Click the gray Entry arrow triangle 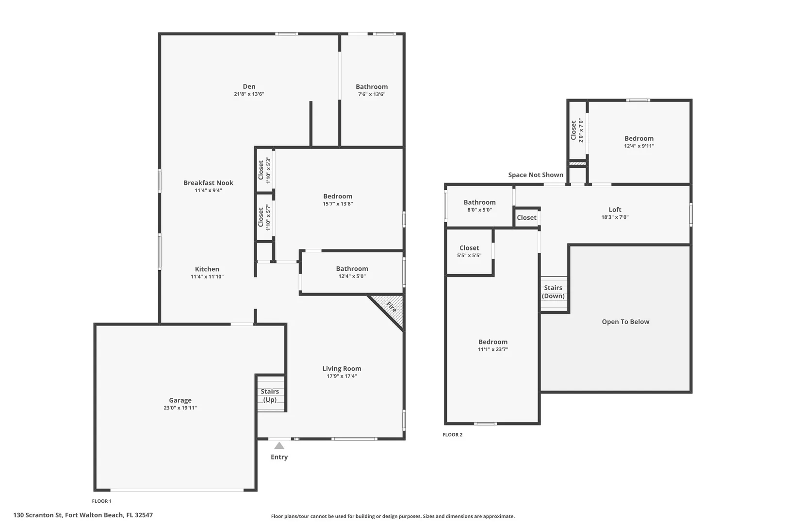click(x=279, y=446)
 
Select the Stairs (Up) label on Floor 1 click(x=270, y=395)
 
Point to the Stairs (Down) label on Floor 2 click(x=554, y=292)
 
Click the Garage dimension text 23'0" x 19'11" click(x=180, y=408)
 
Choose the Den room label click(x=249, y=86)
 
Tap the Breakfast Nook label click(x=209, y=182)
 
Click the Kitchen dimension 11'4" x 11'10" click(x=207, y=277)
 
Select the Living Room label click(x=342, y=369)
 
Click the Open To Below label click(x=625, y=322)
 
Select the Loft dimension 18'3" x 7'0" click(x=615, y=217)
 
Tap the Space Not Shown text click(x=536, y=175)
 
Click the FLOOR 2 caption click(x=453, y=435)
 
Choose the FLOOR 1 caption click(x=102, y=501)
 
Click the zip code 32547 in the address click(x=144, y=515)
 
